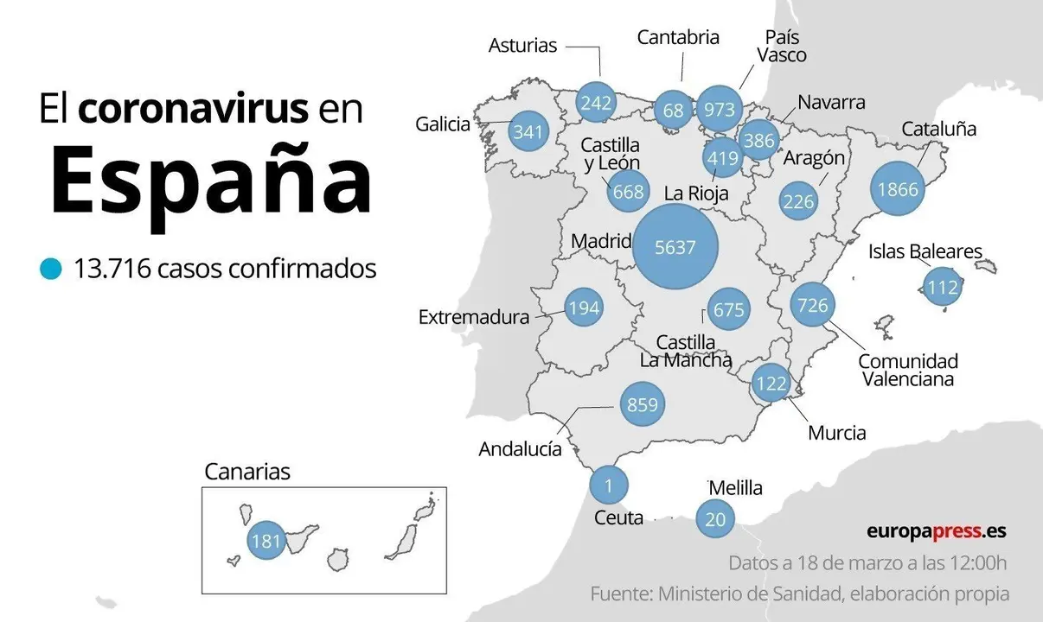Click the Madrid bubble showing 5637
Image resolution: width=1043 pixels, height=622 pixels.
(675, 247)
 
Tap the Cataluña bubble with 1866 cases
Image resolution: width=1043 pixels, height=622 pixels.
(897, 190)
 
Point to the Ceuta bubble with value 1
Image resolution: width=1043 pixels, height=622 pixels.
(608, 486)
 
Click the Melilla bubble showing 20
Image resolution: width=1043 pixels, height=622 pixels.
(715, 519)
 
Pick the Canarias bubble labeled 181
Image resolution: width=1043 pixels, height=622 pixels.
(266, 542)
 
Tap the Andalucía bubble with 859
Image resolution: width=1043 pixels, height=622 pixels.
(642, 404)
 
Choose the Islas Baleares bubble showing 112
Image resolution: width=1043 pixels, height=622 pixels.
(942, 287)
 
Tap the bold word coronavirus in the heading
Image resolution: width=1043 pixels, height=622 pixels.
(193, 110)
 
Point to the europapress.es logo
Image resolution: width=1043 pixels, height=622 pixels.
(936, 531)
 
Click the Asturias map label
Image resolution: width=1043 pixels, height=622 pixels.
(522, 45)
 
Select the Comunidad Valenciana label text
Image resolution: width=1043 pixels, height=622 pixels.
(907, 370)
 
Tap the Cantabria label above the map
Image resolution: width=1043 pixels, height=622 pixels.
(678, 37)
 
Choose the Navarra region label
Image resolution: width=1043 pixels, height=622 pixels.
(830, 102)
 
